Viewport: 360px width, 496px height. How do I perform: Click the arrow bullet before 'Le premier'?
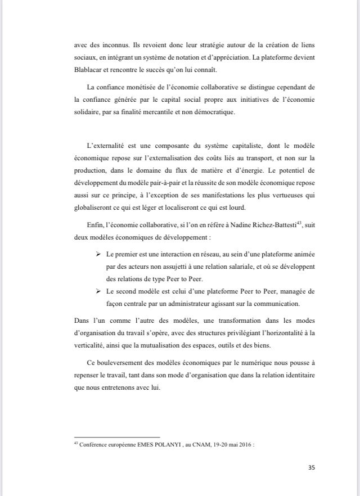click(x=98, y=255)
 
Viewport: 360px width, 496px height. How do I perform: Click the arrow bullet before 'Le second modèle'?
click(x=98, y=291)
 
